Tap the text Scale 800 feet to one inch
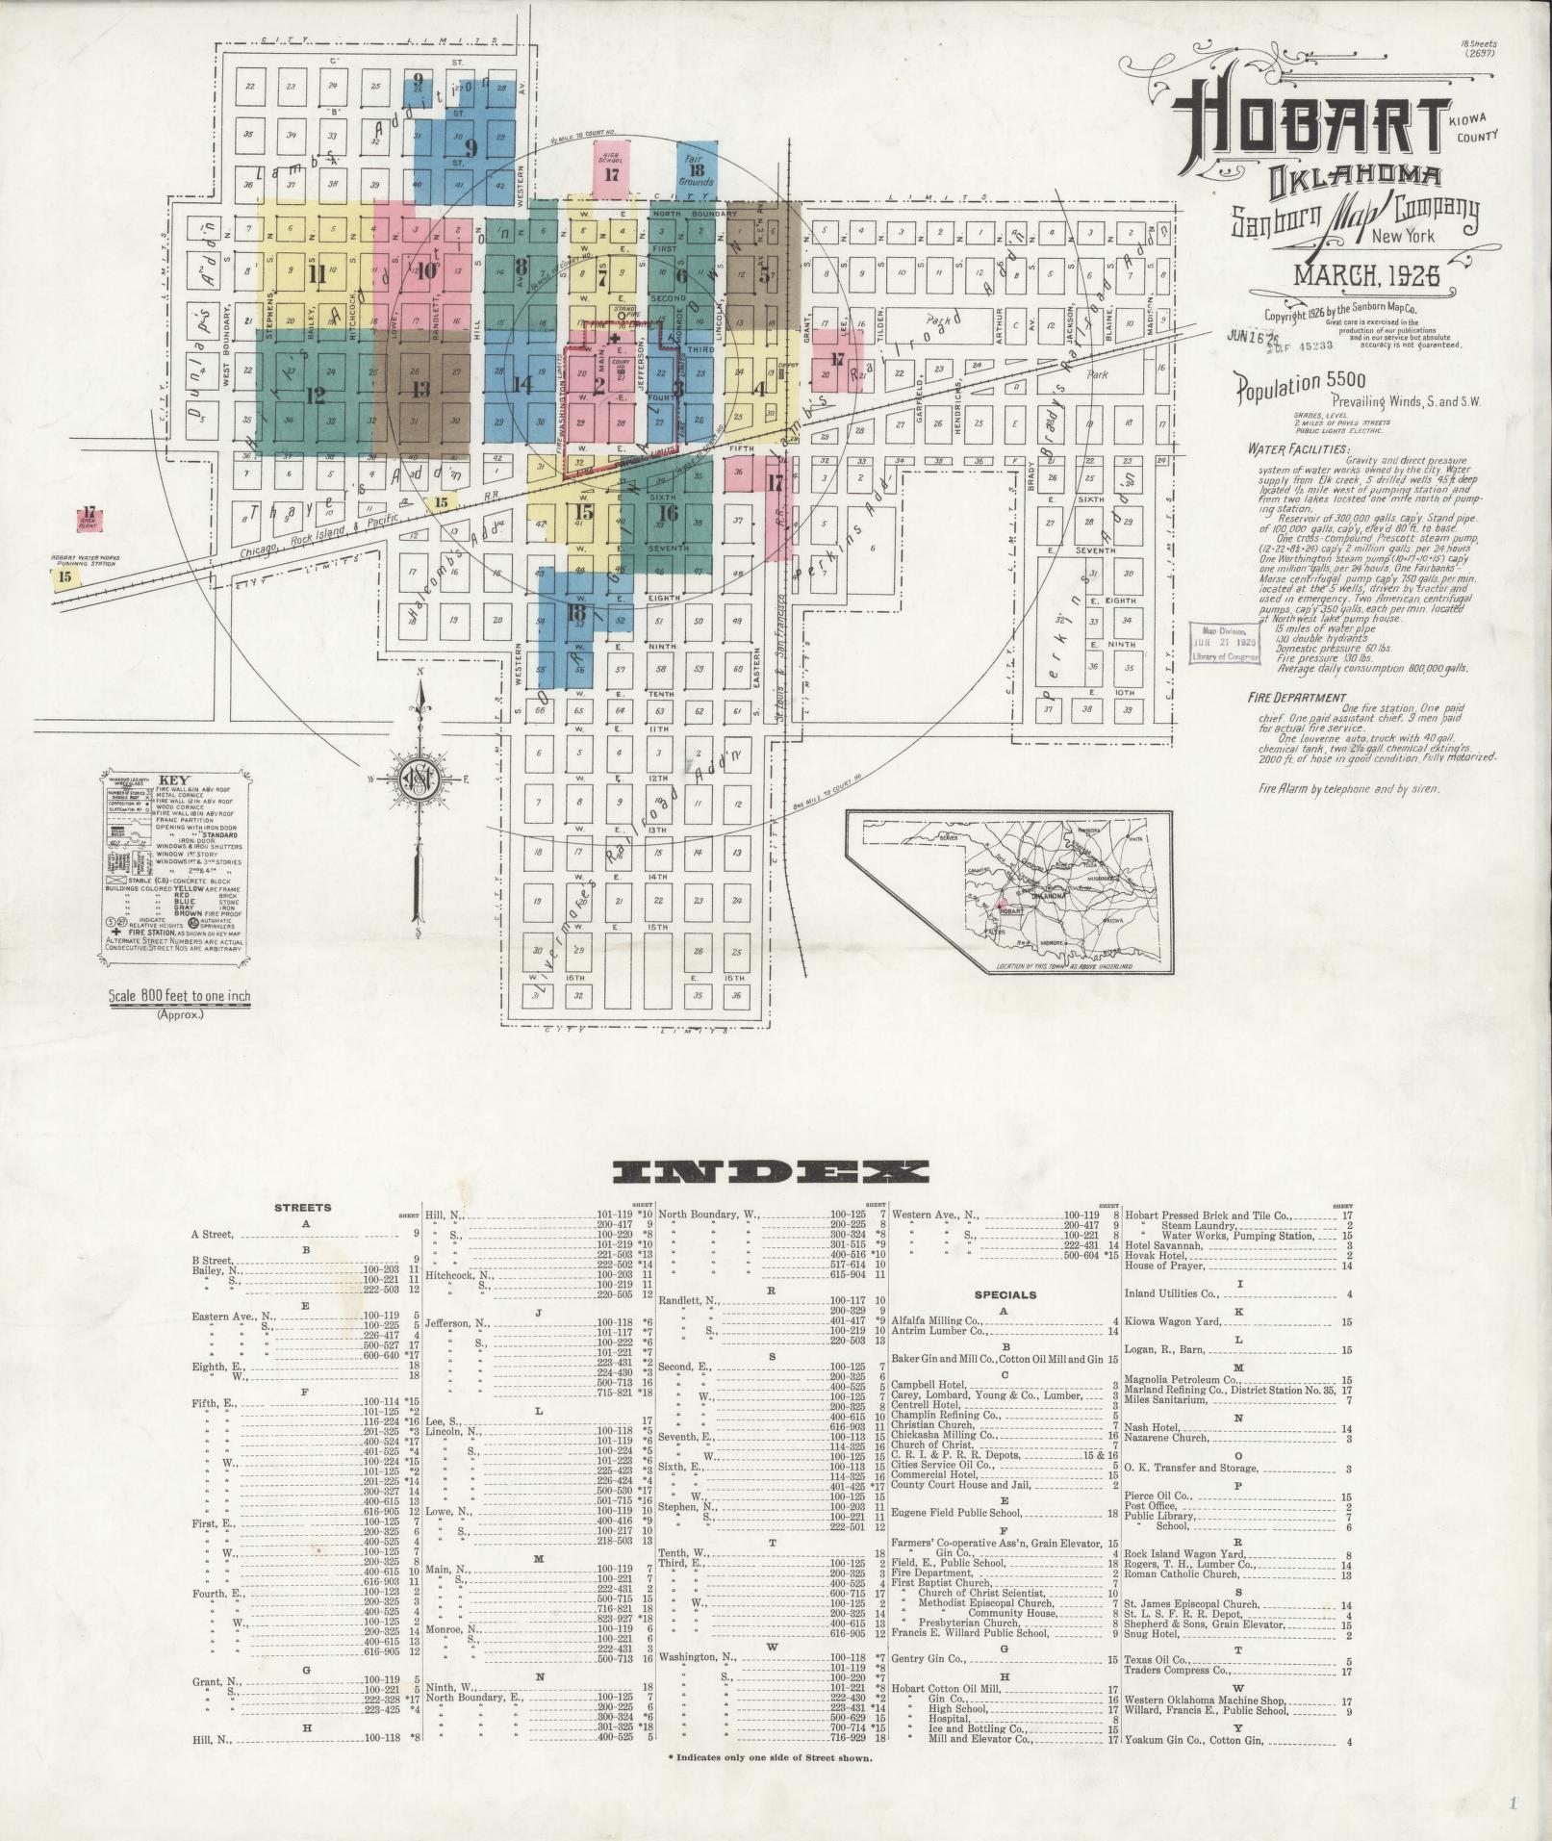pos(180,996)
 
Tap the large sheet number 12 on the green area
pos(315,395)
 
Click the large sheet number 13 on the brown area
pos(420,389)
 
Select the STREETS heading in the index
pos(302,1207)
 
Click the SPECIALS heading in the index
pos(1005,1294)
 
